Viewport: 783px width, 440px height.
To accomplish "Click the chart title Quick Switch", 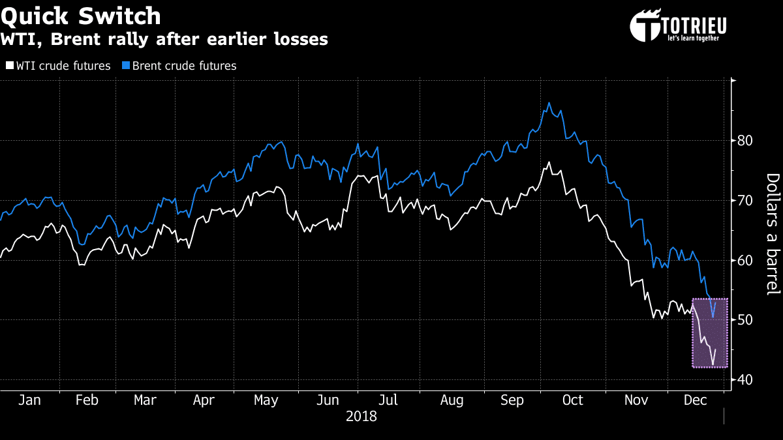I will [81, 16].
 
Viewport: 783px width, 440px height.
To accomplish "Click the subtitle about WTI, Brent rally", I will [164, 40].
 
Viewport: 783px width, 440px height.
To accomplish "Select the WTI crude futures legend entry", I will [58, 66].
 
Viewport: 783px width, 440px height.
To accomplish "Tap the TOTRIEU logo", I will [678, 26].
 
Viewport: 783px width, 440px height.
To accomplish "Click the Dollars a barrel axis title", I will [772, 233].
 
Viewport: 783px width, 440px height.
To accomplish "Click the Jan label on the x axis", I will [29, 400].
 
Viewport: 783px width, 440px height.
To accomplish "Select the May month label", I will [266, 400].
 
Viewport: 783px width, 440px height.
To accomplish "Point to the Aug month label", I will [452, 400].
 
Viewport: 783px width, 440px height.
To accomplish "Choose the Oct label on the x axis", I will [572, 400].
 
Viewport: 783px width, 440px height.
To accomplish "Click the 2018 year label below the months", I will [361, 416].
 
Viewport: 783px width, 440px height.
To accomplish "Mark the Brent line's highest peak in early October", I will [549, 103].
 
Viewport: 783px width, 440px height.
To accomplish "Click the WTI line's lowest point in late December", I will [713, 364].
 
